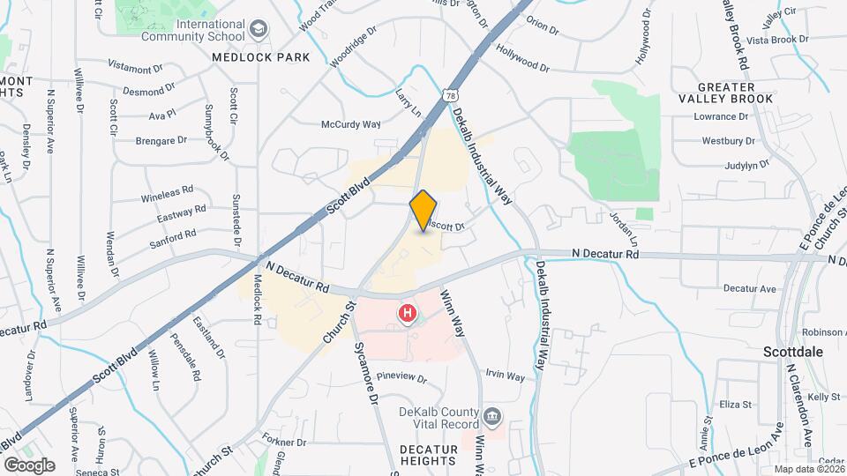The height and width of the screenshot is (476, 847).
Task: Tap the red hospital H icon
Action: point(408,313)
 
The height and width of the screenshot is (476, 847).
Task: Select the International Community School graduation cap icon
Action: point(259,30)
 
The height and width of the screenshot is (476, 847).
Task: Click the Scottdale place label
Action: point(793,351)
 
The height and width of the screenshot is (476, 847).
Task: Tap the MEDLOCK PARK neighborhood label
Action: point(261,57)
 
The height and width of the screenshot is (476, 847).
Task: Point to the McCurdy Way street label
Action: point(350,124)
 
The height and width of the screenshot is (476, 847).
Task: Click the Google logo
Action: point(29,465)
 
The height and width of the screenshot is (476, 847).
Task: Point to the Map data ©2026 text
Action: point(807,469)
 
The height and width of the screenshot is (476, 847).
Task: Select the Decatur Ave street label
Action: point(749,288)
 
